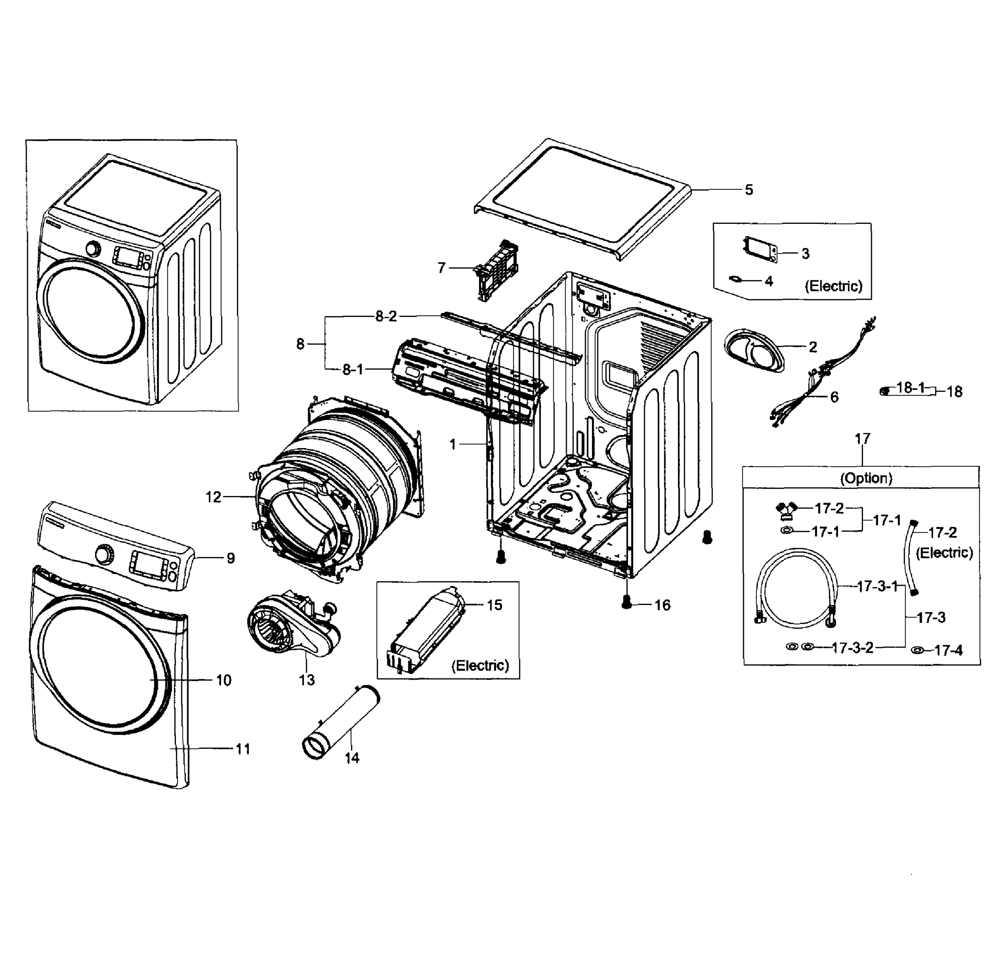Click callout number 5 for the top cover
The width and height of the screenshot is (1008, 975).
click(x=748, y=190)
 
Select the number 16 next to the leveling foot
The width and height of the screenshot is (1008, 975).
click(x=662, y=605)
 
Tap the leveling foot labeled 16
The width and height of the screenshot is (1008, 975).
click(x=626, y=602)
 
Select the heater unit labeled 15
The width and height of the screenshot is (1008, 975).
click(x=427, y=630)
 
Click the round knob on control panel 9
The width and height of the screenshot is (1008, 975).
click(x=104, y=555)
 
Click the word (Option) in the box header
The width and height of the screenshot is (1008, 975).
click(x=866, y=478)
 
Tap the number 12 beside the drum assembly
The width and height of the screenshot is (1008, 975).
click(x=213, y=497)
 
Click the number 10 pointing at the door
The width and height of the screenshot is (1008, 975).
click(x=223, y=680)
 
